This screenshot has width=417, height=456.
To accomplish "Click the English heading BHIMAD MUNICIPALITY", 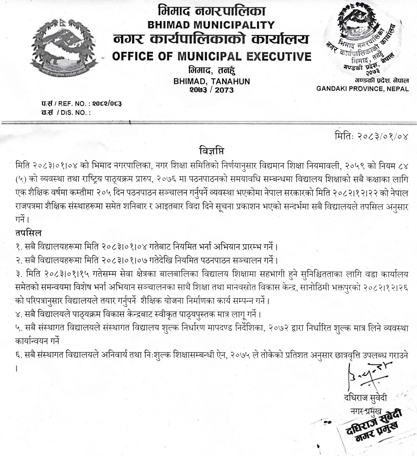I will coord(211,25).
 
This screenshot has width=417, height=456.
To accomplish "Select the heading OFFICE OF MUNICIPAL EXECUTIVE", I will coord(211,56).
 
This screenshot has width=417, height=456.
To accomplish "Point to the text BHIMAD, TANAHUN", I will coord(211,81).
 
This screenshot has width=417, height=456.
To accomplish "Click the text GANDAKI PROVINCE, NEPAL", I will coord(362,89).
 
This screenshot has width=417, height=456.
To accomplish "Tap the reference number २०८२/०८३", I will coord(107,103).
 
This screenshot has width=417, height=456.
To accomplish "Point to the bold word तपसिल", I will coord(28,232).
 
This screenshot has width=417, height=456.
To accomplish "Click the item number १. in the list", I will coord(19,247).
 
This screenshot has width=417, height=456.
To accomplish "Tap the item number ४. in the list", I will coord(19,314).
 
